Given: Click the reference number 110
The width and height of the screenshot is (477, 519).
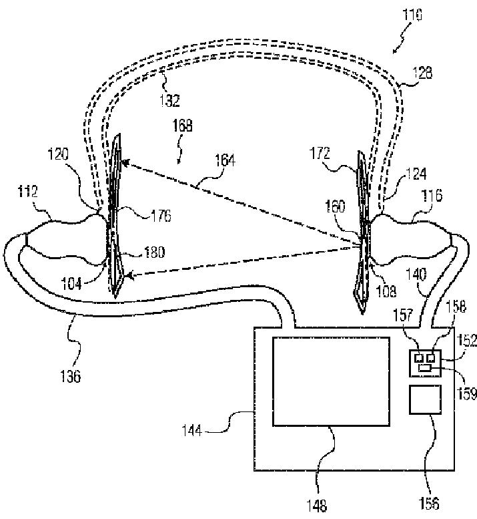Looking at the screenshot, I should (410, 15).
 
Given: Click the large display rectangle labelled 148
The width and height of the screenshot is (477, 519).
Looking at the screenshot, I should (331, 381).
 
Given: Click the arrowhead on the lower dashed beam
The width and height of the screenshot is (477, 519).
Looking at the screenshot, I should (129, 275).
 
